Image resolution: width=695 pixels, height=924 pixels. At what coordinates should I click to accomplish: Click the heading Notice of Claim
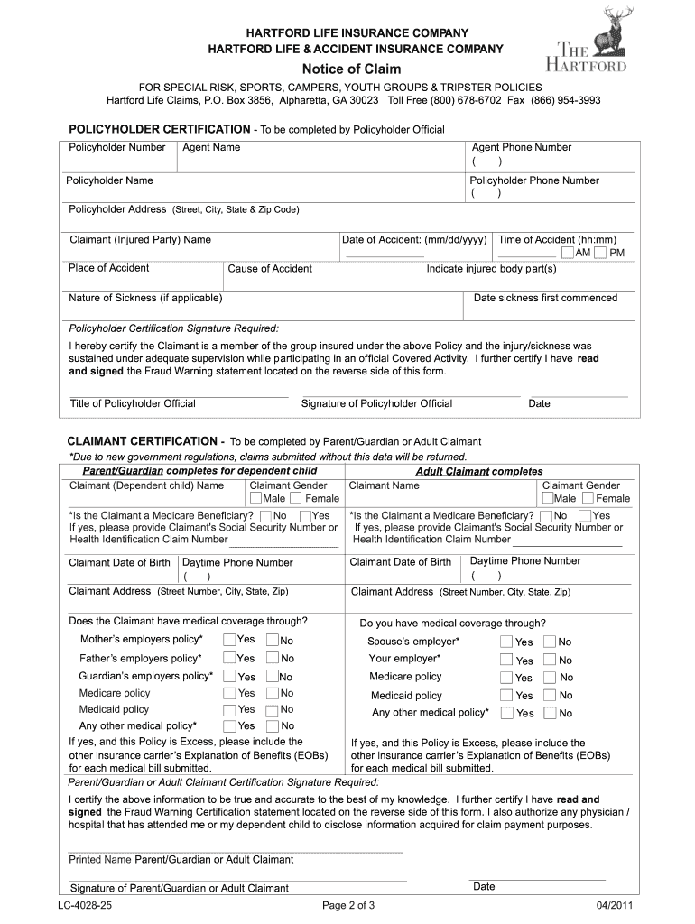pyautogui.click(x=350, y=69)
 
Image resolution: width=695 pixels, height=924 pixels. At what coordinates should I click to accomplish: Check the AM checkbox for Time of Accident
pyautogui.click(x=569, y=252)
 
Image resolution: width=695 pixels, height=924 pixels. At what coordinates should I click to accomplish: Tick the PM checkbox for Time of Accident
pyautogui.click(x=600, y=252)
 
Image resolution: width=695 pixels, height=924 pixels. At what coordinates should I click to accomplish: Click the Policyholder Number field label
pyautogui.click(x=117, y=147)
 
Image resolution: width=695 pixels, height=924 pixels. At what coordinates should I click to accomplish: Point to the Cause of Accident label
pyautogui.click(x=270, y=268)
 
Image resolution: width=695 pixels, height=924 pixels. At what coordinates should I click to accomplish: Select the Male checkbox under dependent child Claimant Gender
pyautogui.click(x=256, y=498)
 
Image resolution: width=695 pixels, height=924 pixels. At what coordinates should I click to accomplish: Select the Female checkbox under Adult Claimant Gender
pyautogui.click(x=588, y=498)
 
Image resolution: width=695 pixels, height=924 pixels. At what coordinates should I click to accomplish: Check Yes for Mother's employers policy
pyautogui.click(x=229, y=640)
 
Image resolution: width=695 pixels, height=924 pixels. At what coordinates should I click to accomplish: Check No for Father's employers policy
pyautogui.click(x=272, y=658)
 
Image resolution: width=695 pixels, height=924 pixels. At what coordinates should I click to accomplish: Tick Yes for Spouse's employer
pyautogui.click(x=507, y=642)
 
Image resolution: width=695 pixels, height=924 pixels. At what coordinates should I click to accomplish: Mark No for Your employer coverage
pyautogui.click(x=551, y=660)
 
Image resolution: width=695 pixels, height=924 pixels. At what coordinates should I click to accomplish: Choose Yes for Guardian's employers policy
pyautogui.click(x=229, y=676)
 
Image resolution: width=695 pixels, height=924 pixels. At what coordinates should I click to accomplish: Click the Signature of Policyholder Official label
pyautogui.click(x=376, y=403)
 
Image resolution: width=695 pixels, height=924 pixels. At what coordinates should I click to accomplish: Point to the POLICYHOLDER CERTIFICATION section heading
pyautogui.click(x=160, y=129)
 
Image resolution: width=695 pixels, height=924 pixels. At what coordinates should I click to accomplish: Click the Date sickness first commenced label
pyautogui.click(x=545, y=298)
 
